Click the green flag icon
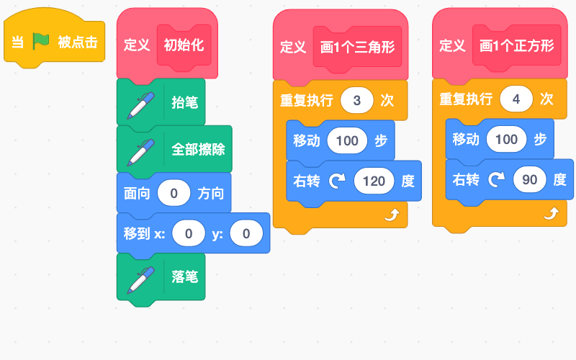(x=41, y=41)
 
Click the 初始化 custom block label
(x=184, y=45)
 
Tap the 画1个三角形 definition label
(x=357, y=47)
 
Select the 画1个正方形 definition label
(x=516, y=45)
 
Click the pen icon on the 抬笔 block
(x=140, y=105)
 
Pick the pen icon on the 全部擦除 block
(x=140, y=153)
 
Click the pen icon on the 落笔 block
(x=140, y=280)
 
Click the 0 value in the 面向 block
(x=174, y=193)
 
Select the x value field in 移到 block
(x=189, y=233)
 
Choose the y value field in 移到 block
(x=246, y=233)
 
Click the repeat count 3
(x=356, y=100)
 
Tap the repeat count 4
(x=516, y=99)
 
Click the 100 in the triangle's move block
(x=347, y=140)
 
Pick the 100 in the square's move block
(x=506, y=139)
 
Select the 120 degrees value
(x=374, y=181)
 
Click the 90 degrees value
(x=530, y=179)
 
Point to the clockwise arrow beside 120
(x=337, y=181)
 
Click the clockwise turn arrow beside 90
(x=497, y=179)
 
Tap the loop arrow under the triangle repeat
(x=392, y=215)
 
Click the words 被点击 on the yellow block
(x=78, y=42)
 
